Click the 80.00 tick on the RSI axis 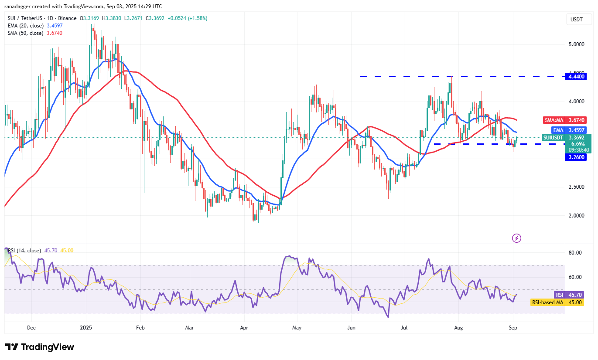pyautogui.click(x=575, y=253)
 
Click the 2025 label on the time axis pyautogui.click(x=86, y=327)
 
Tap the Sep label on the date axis pyautogui.click(x=513, y=327)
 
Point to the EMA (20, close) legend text pyautogui.click(x=25, y=26)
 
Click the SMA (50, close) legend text pyautogui.click(x=25, y=33)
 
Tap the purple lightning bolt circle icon pyautogui.click(x=516, y=238)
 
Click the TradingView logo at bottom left pyautogui.click(x=40, y=347)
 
